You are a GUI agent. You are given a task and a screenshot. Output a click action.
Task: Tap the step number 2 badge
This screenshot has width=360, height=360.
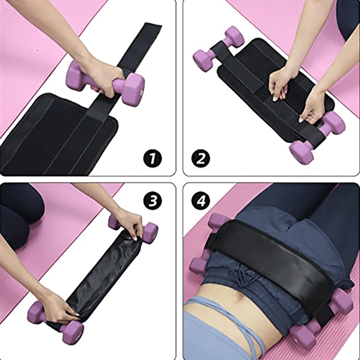tap(201, 158)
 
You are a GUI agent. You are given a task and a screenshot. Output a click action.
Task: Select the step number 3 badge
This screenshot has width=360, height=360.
tap(154, 201)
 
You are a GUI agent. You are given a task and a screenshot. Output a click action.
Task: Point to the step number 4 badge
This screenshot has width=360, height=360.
tap(201, 201)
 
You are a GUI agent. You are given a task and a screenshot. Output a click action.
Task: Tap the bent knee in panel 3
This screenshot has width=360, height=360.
tap(22, 211)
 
